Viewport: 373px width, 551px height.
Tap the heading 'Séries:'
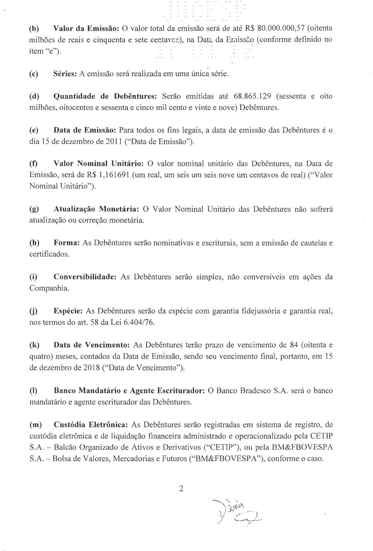[65, 74]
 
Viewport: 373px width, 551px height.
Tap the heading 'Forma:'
[67, 243]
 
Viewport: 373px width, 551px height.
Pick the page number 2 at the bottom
[181, 489]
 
